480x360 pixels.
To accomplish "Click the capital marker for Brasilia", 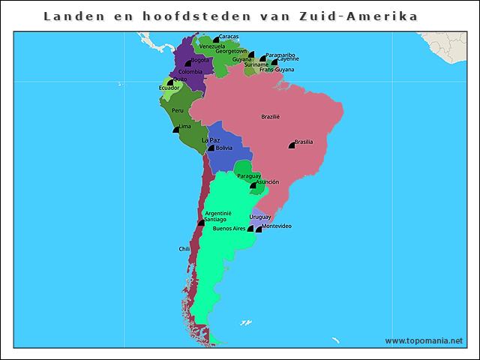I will pos(292,145).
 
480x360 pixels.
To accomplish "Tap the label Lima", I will pos(184,127).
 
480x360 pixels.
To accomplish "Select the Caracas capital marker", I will pos(216,39).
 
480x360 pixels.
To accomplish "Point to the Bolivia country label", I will pos(223,148).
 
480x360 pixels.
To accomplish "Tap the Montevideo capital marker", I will pos(259,229).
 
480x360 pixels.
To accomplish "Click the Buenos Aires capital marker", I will pos(250,229).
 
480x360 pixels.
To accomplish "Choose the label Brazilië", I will pos(270,116).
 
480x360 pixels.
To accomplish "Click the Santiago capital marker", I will pos(200,223).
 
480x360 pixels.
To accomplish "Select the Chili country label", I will pos(184,248).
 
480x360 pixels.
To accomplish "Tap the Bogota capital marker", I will pos(188,63).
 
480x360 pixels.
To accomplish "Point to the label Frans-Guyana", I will pos(277,70).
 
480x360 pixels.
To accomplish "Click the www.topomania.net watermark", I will pos(424,340).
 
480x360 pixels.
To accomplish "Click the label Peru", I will pos(177,110).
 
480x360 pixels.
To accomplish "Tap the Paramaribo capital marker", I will pos(262,58).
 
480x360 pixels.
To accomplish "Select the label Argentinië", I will pos(218,212).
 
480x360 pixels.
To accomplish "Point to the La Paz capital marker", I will pos(211,148).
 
